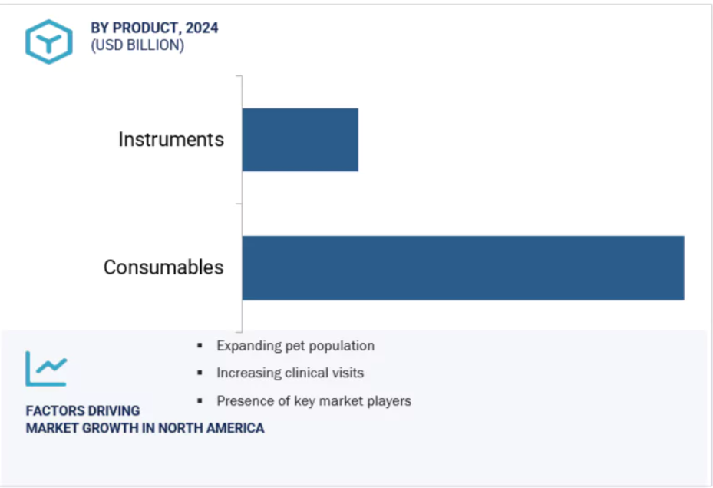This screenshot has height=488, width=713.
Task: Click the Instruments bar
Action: tap(300, 140)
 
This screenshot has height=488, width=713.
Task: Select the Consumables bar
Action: tap(463, 268)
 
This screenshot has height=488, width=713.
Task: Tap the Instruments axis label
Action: tap(171, 139)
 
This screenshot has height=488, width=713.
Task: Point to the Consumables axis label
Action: tap(163, 267)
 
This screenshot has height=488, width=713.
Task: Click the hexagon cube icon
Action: tap(48, 41)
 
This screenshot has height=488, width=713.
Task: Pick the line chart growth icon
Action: tap(46, 369)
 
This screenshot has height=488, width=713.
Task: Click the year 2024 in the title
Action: tap(202, 28)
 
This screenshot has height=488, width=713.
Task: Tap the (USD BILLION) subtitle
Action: tap(137, 45)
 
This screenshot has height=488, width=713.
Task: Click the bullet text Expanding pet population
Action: tap(295, 346)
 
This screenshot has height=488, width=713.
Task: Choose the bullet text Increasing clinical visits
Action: tap(290, 373)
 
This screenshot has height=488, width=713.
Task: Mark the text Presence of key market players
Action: tap(314, 401)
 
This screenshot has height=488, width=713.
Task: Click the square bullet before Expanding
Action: tap(200, 346)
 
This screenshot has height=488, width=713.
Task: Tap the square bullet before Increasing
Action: tap(200, 373)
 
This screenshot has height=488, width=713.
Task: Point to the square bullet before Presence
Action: tap(200, 400)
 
